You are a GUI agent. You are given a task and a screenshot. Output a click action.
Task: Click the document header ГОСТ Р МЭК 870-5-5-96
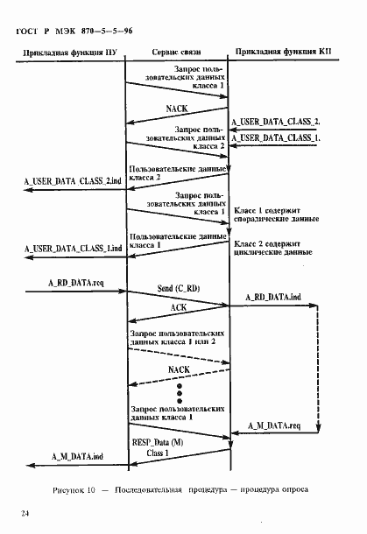coord(74,31)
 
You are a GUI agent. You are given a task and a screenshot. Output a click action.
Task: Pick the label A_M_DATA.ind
coord(77,456)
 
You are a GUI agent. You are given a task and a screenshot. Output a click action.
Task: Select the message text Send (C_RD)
coord(178,287)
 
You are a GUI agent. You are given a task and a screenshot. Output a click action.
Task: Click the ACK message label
coord(178,308)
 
